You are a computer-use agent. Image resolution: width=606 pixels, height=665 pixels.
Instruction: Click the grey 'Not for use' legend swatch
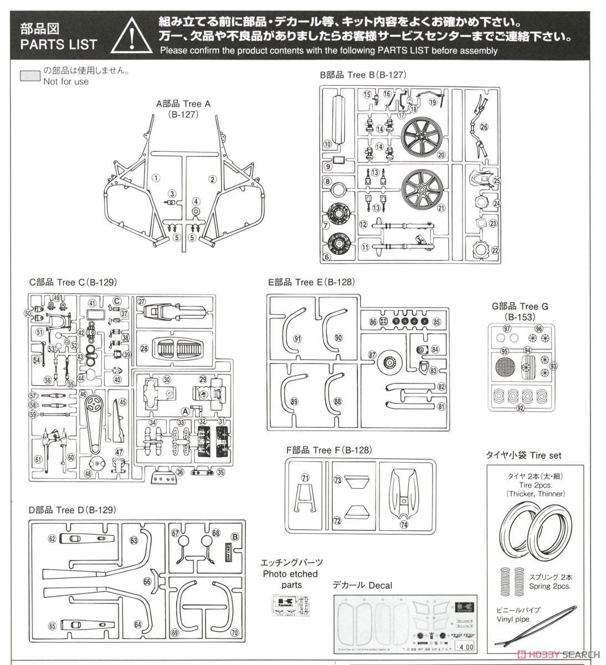point(30,76)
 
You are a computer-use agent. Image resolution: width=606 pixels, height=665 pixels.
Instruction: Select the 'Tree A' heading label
point(183,104)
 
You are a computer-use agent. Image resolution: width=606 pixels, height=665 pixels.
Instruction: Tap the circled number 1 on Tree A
point(156,178)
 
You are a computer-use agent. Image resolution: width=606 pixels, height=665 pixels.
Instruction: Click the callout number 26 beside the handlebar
point(484,127)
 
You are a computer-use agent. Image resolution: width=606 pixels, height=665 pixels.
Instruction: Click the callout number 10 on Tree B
point(327,144)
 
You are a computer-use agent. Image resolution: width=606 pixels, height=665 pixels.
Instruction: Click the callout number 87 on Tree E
point(372,355)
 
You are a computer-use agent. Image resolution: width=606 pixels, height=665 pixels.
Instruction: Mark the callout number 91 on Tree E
point(297,338)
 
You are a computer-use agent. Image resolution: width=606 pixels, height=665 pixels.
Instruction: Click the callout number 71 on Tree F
point(305,478)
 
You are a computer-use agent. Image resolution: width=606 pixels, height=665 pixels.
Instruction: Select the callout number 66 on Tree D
point(147,581)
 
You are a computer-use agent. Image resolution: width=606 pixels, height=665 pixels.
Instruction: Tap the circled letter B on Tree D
point(234,536)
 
